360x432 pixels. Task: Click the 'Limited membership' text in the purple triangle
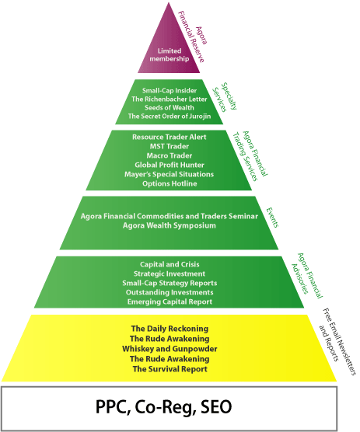coord(170,55)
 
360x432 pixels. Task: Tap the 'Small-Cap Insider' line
coord(170,91)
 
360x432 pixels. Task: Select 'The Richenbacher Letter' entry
coord(170,99)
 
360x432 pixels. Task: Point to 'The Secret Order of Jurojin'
coord(170,117)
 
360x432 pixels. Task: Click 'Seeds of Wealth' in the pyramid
coord(170,108)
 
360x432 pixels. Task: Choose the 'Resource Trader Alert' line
coord(170,137)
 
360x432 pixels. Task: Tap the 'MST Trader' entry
coord(170,146)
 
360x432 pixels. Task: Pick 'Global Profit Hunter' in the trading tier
coord(170,165)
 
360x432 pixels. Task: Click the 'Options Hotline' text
coord(170,183)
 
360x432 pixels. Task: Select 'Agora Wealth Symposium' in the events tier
coord(170,225)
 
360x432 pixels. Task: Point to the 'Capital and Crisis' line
coord(170,264)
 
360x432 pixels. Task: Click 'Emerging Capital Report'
coord(170,301)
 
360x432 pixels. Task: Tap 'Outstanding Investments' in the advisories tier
coord(170,292)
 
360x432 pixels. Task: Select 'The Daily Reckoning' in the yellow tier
coord(170,329)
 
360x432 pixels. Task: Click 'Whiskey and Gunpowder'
coord(170,349)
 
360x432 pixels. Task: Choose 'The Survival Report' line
coord(170,369)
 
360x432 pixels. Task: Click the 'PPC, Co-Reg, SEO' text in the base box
coord(163,407)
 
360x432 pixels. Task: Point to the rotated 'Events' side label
coord(272,218)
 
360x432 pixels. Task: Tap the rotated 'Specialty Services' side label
coord(225,97)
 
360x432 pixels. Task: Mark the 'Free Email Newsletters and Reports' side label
coord(337,342)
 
